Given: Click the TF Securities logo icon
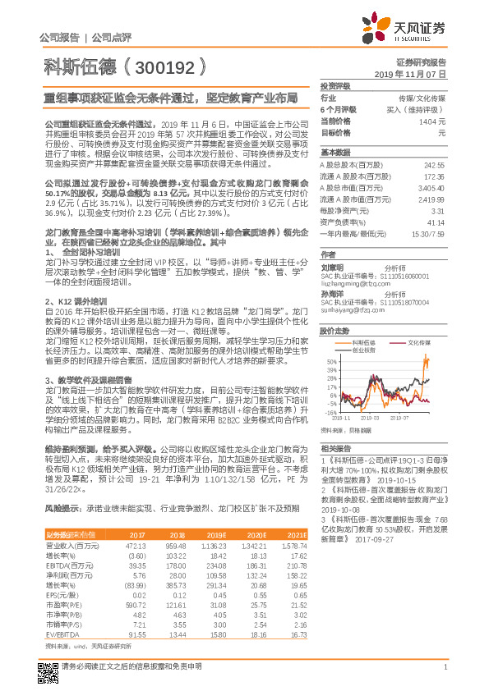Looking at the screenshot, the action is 384,29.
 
